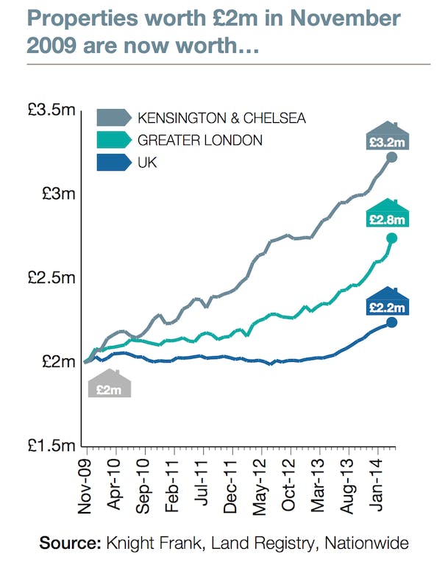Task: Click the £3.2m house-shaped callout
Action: [388, 138]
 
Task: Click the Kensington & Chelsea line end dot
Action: [391, 157]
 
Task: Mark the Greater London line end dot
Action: [391, 238]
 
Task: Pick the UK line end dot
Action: [391, 322]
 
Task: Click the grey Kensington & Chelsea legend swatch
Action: [113, 118]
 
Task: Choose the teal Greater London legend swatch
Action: [113, 140]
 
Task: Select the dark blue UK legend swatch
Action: [113, 162]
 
